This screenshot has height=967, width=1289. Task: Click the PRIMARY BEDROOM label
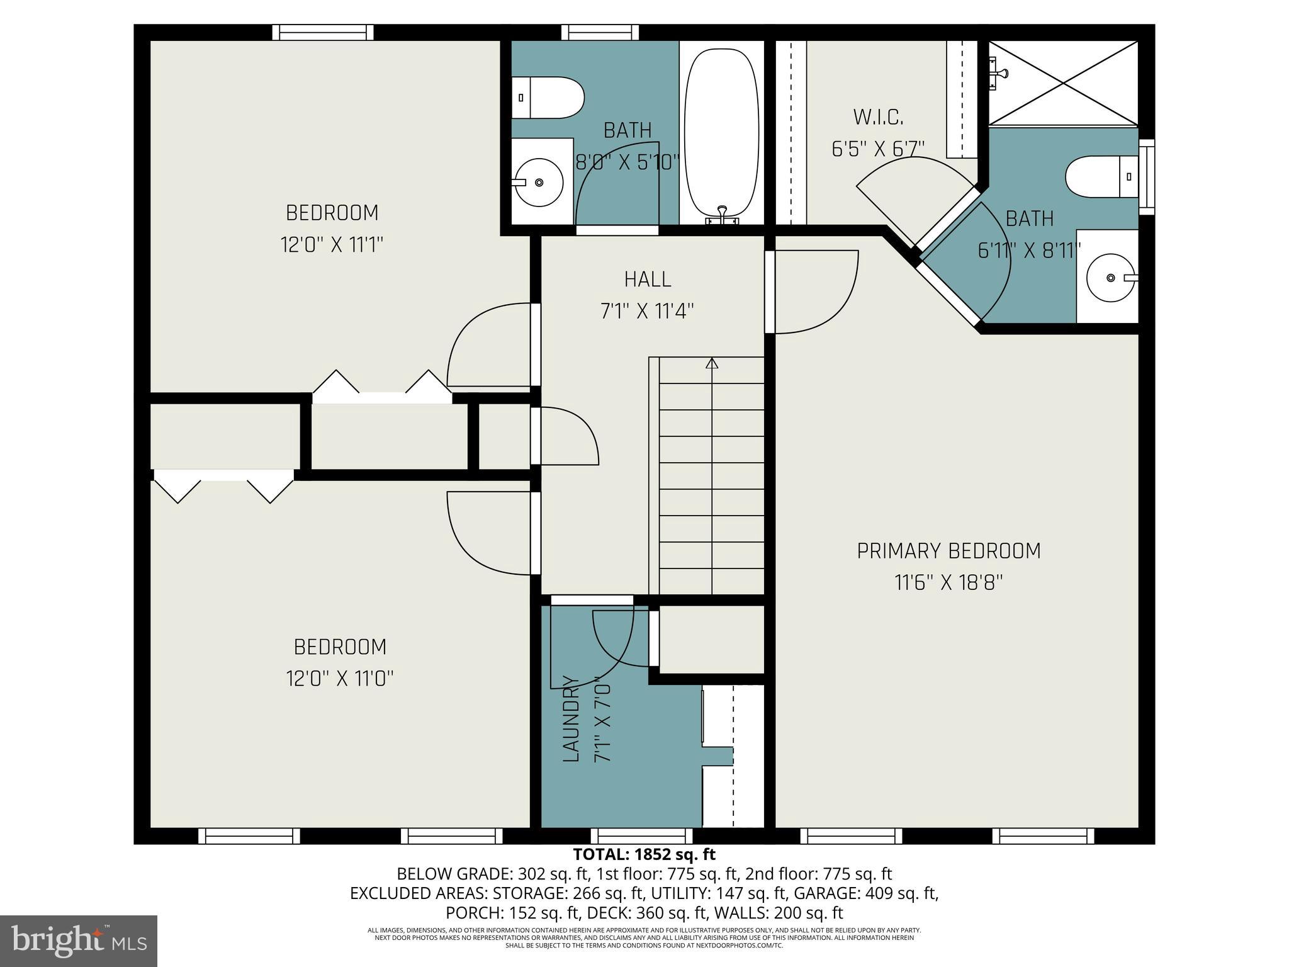click(x=948, y=551)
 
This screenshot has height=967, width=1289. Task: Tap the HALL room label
click(x=647, y=279)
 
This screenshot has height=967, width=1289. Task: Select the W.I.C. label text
click(x=878, y=117)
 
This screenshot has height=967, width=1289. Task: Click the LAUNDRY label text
click(x=570, y=718)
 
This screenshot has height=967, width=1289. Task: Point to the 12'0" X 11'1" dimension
click(x=332, y=244)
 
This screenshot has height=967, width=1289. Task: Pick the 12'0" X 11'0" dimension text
click(x=340, y=679)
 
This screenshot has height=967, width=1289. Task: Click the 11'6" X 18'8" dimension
click(x=948, y=582)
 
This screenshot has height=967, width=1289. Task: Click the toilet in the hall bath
click(x=547, y=98)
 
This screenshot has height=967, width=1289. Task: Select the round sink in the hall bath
click(x=539, y=183)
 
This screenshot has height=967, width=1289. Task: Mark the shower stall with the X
click(x=1063, y=82)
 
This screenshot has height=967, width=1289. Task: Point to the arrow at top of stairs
click(x=712, y=363)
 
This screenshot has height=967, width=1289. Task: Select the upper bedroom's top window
click(x=323, y=32)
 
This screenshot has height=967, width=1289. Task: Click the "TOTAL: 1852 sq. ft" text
click(x=644, y=854)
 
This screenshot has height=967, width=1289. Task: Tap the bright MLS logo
click(x=79, y=941)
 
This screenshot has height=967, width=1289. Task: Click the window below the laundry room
click(x=641, y=836)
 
